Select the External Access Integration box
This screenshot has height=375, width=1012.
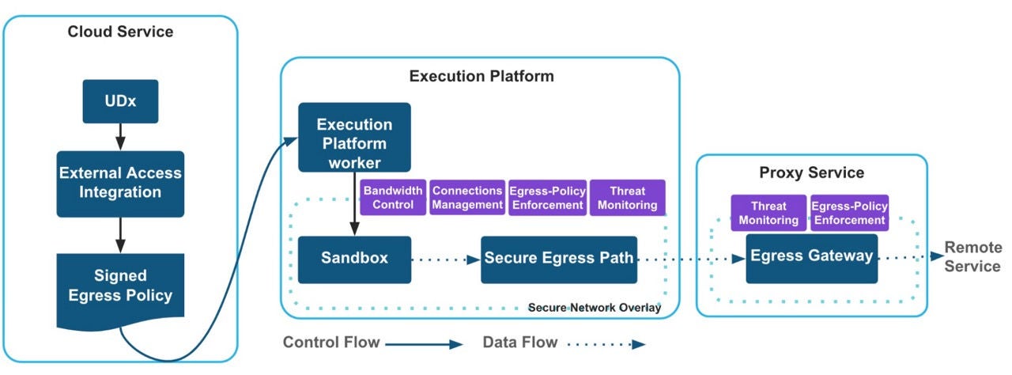tap(120, 183)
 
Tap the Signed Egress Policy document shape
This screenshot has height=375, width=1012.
tap(120, 287)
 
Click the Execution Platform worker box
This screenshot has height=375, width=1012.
tap(354, 137)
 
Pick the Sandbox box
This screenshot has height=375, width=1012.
tap(354, 259)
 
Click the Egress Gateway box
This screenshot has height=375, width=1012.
tap(811, 257)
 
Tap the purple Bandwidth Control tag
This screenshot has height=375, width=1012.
tap(394, 198)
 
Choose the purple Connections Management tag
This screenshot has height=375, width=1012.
tap(467, 198)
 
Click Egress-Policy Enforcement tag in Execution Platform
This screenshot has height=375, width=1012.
tap(547, 198)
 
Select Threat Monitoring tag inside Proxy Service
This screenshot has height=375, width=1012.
tap(767, 213)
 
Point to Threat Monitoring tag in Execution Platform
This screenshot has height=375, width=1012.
tap(627, 198)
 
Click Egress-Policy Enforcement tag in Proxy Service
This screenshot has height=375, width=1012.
tap(849, 213)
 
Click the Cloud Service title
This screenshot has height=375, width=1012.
tap(120, 32)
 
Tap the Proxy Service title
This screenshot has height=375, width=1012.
tap(811, 172)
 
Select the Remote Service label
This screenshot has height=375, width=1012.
tap(972, 257)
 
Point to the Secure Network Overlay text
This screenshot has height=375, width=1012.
tap(594, 308)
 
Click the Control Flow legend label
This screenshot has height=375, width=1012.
tap(331, 343)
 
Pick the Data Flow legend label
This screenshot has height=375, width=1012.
tap(519, 343)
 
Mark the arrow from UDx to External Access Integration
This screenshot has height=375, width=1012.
tap(120, 136)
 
